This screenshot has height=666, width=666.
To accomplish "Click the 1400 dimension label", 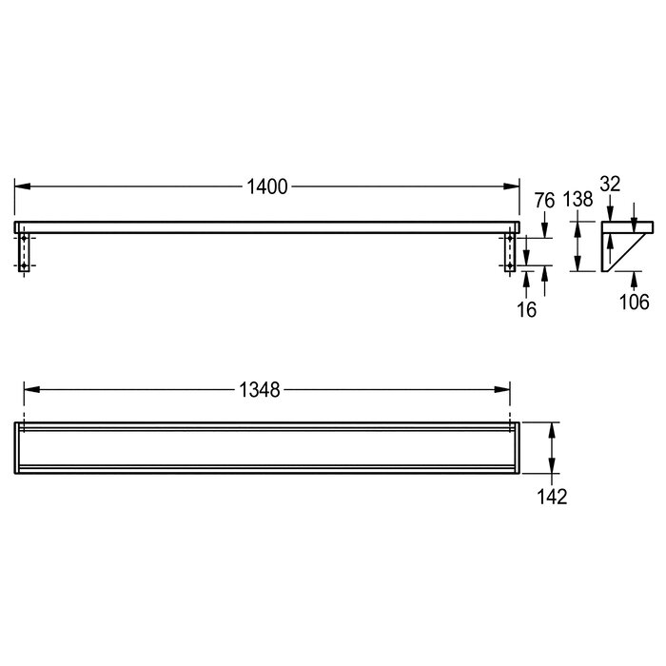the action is click(x=267, y=186).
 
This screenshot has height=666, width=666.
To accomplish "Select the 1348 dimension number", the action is click(x=260, y=390).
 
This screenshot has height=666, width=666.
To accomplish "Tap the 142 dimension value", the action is click(x=552, y=497).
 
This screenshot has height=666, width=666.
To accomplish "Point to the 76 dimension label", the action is click(x=544, y=201).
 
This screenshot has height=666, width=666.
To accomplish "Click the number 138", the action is click(x=578, y=199).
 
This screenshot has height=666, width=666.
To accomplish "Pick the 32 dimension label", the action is click(x=610, y=184).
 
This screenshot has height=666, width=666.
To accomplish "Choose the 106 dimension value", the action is click(x=635, y=302).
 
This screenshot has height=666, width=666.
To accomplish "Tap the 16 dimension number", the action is click(x=526, y=309).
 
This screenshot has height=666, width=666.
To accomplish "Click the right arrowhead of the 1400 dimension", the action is click(x=512, y=186).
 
